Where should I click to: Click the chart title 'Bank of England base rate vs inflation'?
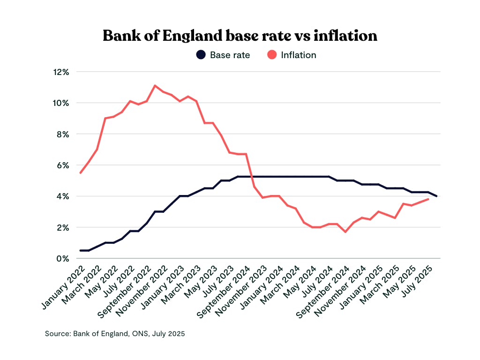[240, 36]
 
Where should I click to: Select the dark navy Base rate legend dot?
[201, 55]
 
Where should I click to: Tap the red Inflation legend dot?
[272, 55]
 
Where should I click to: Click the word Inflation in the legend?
[299, 55]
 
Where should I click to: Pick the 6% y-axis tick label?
[62, 165]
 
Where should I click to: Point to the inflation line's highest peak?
[155, 85]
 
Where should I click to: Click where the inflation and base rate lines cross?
[252, 177]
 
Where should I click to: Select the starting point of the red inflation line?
[80, 173]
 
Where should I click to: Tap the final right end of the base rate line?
[437, 196]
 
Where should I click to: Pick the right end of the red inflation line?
[428, 199]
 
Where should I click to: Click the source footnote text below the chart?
[115, 334]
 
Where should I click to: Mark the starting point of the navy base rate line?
[80, 250]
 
